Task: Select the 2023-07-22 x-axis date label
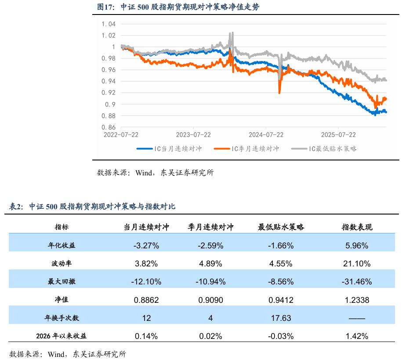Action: [193, 135]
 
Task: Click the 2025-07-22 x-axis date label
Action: [338, 135]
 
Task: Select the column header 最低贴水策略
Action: [281, 227]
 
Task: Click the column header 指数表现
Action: [357, 227]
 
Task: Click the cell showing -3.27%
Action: [146, 246]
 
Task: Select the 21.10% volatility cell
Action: [357, 264]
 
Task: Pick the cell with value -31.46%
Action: [357, 282]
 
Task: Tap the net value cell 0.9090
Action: [211, 300]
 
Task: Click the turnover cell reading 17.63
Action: [281, 318]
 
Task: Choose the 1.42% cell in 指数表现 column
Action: [357, 336]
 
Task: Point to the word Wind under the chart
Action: [144, 173]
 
